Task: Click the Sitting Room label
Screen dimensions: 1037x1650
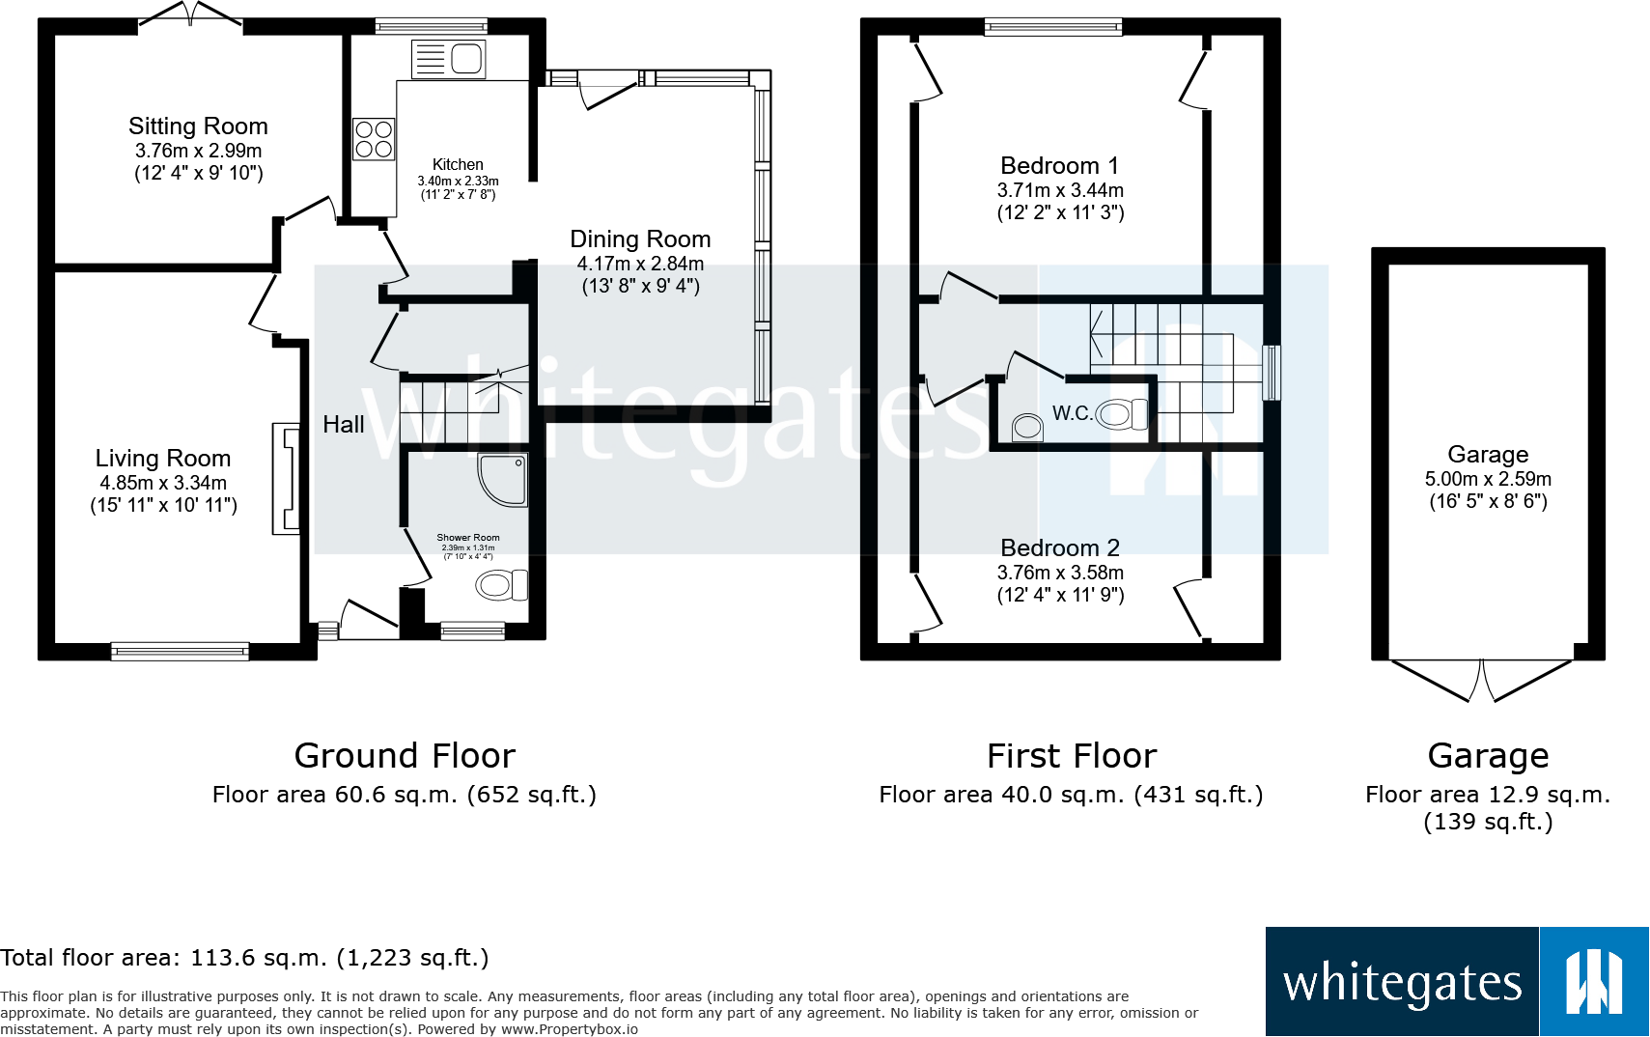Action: point(198,126)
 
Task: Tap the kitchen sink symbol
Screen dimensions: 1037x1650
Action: point(449,60)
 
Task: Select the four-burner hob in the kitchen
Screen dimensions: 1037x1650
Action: point(374,139)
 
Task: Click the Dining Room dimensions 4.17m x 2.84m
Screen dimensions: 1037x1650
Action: point(640,264)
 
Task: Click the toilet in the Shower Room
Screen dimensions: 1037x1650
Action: point(501,585)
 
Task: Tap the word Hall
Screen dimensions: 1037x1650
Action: point(343,425)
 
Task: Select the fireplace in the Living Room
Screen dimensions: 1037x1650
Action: point(286,479)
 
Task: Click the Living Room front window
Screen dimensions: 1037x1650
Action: point(180,652)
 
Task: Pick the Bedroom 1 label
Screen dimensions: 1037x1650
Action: point(1059,166)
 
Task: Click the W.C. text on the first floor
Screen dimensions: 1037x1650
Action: point(1072,413)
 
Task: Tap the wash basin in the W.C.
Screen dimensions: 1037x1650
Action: point(1028,426)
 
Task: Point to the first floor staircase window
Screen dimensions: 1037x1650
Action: point(1272,372)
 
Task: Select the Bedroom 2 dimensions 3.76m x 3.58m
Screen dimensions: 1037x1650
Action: point(1060,573)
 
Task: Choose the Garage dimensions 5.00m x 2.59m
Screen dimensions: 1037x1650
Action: point(1488,479)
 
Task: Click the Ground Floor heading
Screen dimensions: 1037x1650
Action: point(405,755)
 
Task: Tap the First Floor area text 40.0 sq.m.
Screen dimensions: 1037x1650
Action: point(1071,795)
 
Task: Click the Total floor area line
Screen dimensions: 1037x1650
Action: point(244,958)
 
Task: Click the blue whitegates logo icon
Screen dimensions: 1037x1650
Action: point(1593,982)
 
